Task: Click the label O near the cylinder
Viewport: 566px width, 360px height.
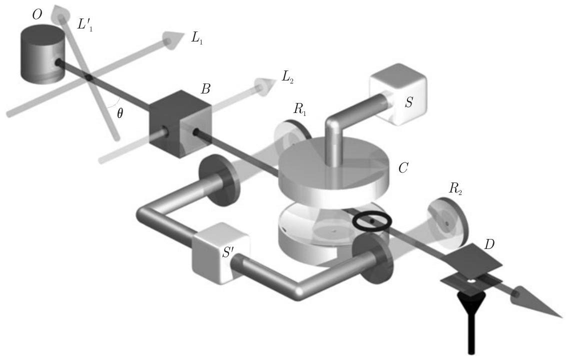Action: pyautogui.click(x=37, y=15)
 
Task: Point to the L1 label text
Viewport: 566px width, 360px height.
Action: pyautogui.click(x=197, y=38)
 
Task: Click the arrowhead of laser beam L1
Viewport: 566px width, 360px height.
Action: pyautogui.click(x=172, y=39)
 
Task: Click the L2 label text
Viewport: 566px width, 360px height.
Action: pyautogui.click(x=287, y=77)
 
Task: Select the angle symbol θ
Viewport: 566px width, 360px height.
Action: pyautogui.click(x=120, y=113)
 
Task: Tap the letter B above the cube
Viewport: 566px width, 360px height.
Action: pyautogui.click(x=205, y=88)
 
